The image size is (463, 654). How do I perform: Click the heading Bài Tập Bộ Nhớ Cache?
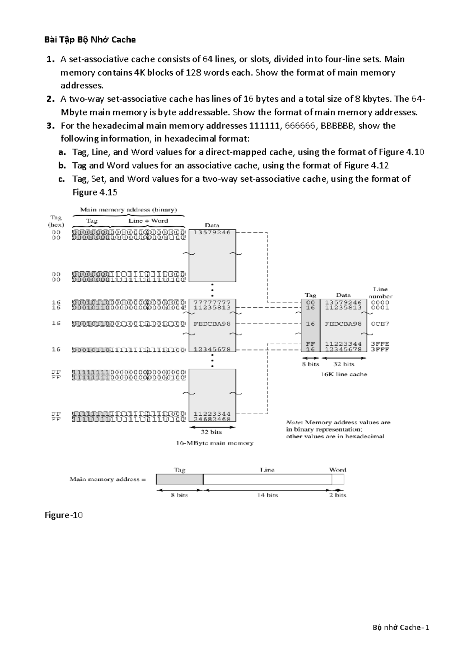(90, 40)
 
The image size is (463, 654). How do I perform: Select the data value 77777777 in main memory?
(212, 302)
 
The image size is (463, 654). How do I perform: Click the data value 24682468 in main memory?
(212, 419)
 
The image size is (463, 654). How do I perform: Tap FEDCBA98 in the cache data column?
(343, 324)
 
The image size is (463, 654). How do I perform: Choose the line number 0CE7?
(380, 324)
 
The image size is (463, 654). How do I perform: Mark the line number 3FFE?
(380, 344)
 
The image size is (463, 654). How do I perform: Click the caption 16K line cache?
(344, 374)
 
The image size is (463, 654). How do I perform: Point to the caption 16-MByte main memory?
(215, 443)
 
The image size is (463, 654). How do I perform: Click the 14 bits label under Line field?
(268, 495)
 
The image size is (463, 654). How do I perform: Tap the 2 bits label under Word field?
(338, 495)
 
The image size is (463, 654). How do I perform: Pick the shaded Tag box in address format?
(179, 479)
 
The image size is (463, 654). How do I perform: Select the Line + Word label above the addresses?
(148, 221)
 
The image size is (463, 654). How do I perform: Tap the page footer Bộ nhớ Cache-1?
(401, 627)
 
